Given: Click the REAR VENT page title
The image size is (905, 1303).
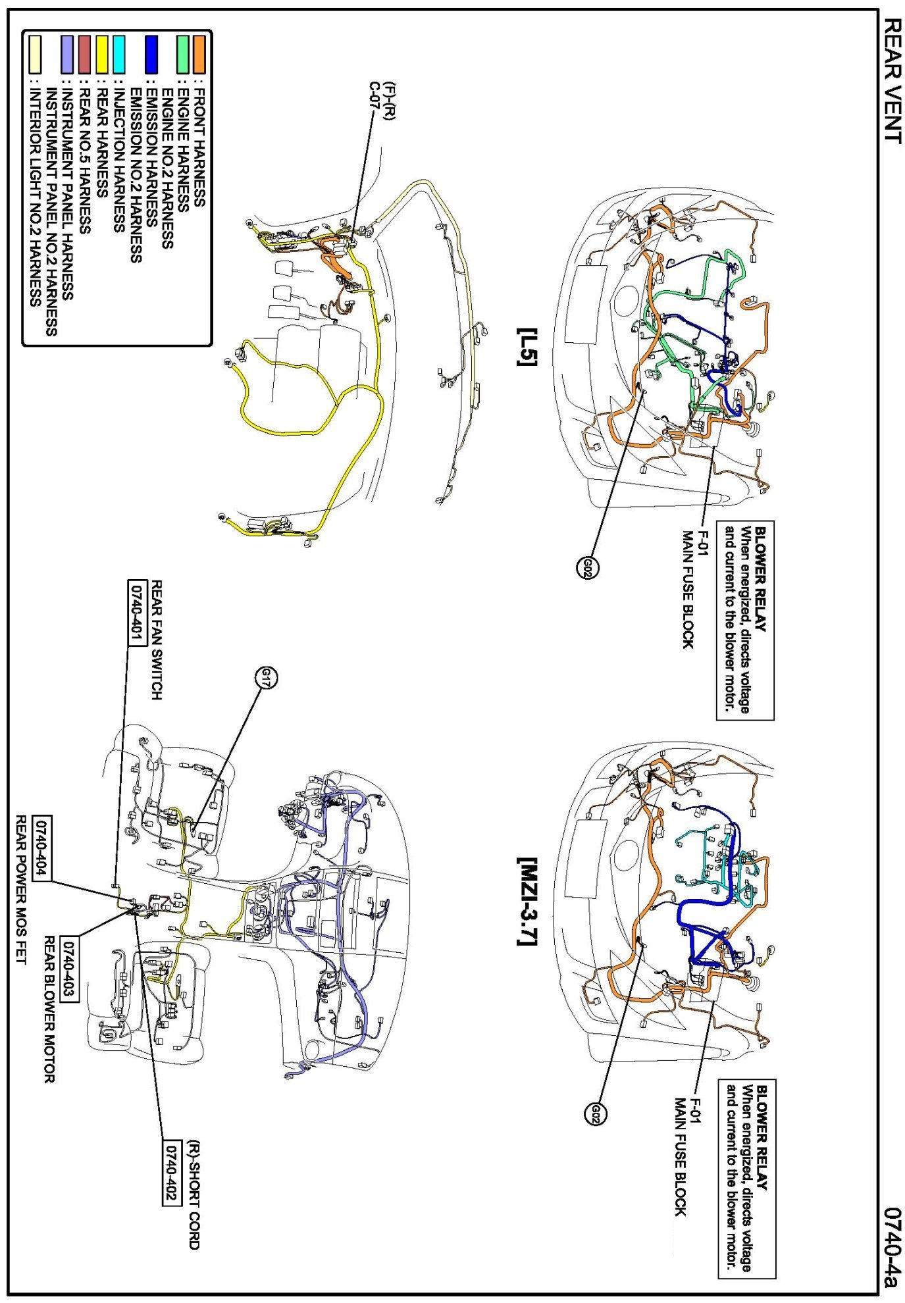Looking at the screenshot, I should pos(891,80).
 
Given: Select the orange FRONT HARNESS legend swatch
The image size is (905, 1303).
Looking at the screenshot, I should pos(198,54).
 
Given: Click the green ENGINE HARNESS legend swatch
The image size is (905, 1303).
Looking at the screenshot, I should pos(182,54).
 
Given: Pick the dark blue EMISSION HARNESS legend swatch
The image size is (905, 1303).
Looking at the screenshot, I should pos(151,54).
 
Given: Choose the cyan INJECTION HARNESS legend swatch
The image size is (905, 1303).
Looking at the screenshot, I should pos(118,54).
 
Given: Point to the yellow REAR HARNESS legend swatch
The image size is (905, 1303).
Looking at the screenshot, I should pos(102,54).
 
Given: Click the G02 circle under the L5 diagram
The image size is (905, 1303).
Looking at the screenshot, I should pos(587,567).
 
